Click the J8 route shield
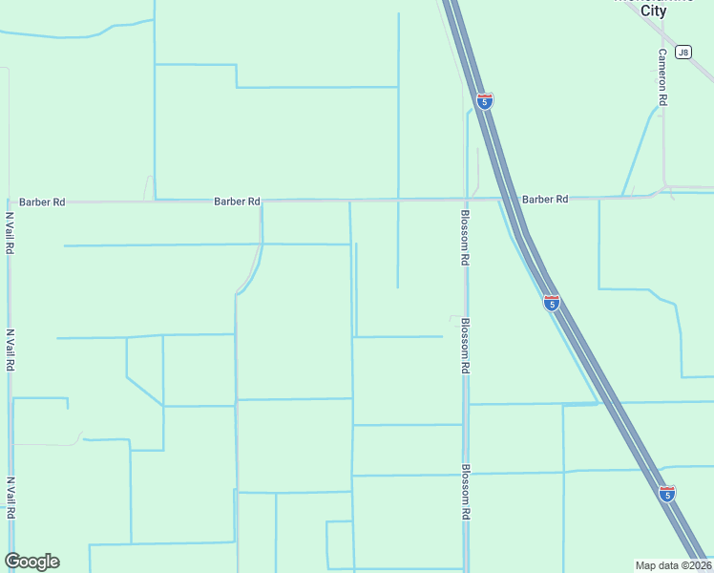tap(682, 52)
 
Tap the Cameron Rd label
tap(661, 76)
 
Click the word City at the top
tap(654, 11)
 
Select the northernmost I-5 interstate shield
tap(485, 100)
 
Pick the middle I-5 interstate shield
tap(552, 303)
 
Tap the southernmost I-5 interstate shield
tap(667, 493)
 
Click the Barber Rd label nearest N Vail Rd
tap(42, 202)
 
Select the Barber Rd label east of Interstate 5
tap(545, 199)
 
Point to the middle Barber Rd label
tap(237, 202)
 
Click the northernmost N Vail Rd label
tap(10, 232)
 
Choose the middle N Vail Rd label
tap(10, 350)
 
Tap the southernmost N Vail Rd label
tap(10, 498)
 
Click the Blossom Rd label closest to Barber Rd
tap(465, 237)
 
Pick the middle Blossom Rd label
tap(465, 345)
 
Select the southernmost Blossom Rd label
tap(465, 492)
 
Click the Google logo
tap(31, 562)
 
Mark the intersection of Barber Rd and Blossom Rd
tap(465, 200)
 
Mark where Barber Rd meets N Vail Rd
tap(10, 202)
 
